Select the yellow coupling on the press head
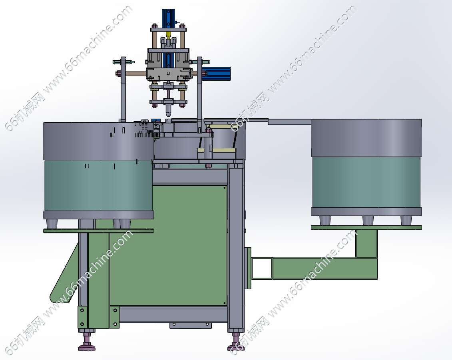pyautogui.click(x=168, y=35)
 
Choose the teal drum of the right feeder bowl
pyautogui.click(x=366, y=182)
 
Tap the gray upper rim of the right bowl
pyautogui.click(x=366, y=138)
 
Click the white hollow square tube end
pyautogui.click(x=262, y=268)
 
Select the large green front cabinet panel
pyautogui.click(x=168, y=245)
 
